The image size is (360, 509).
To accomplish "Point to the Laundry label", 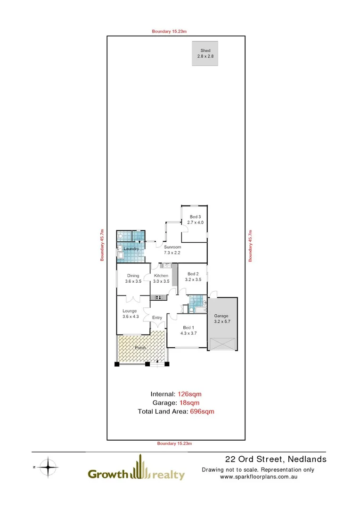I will pyautogui.click(x=131, y=248).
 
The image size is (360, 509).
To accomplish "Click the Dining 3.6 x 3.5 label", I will pyautogui.click(x=133, y=279).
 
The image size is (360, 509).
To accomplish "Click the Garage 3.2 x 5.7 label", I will pyautogui.click(x=221, y=319).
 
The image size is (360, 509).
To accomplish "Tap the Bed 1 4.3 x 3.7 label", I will pyautogui.click(x=188, y=330).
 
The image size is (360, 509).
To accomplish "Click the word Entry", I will pyautogui.click(x=157, y=318).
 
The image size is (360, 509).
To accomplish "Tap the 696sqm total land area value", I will pyautogui.click(x=202, y=411).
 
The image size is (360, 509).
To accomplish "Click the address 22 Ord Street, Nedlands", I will pyautogui.click(x=276, y=459).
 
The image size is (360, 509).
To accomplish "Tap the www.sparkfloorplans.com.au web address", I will pyautogui.click(x=258, y=476).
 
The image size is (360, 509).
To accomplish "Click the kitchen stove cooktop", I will pyautogui.click(x=158, y=297).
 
